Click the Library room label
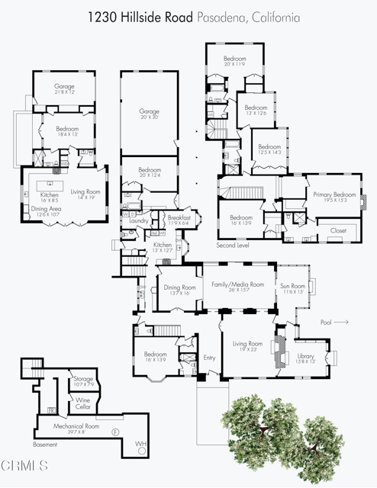pyautogui.click(x=305, y=355)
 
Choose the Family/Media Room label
pyautogui.click(x=237, y=284)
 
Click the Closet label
pyautogui.click(x=337, y=230)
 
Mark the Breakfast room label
pyautogui.click(x=179, y=217)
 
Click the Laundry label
pyautogui.click(x=139, y=221)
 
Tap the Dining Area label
pyautogui.click(x=46, y=210)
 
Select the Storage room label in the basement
pyautogui.click(x=83, y=379)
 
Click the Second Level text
pyautogui.click(x=233, y=246)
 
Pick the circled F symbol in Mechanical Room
pyautogui.click(x=115, y=432)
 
